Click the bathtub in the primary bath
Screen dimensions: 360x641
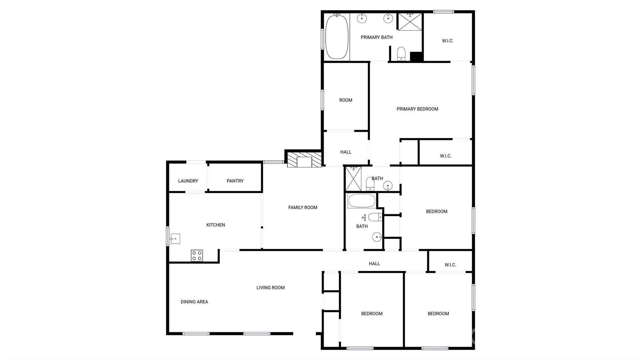click(x=337, y=37)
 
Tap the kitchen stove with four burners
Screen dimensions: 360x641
click(x=197, y=255)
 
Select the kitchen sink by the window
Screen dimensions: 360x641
click(x=175, y=239)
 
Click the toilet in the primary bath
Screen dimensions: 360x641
click(x=401, y=54)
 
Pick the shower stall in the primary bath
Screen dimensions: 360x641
click(x=410, y=22)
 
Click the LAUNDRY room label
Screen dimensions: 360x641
click(x=188, y=181)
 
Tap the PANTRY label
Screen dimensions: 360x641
click(x=235, y=181)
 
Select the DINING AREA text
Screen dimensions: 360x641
click(x=194, y=302)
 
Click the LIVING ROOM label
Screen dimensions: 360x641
click(x=270, y=288)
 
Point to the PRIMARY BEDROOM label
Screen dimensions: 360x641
click(x=417, y=109)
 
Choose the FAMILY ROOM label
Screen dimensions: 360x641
click(x=303, y=207)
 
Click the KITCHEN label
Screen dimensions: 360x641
click(x=216, y=225)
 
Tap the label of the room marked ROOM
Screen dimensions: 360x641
click(x=346, y=100)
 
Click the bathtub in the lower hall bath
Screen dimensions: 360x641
click(x=362, y=201)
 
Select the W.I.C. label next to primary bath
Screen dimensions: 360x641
click(x=448, y=41)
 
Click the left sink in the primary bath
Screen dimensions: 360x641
click(x=362, y=18)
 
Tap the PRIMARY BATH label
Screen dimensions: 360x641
click(x=377, y=37)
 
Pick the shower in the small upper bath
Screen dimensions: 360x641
click(x=353, y=179)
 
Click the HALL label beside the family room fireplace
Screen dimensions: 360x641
click(x=346, y=152)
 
